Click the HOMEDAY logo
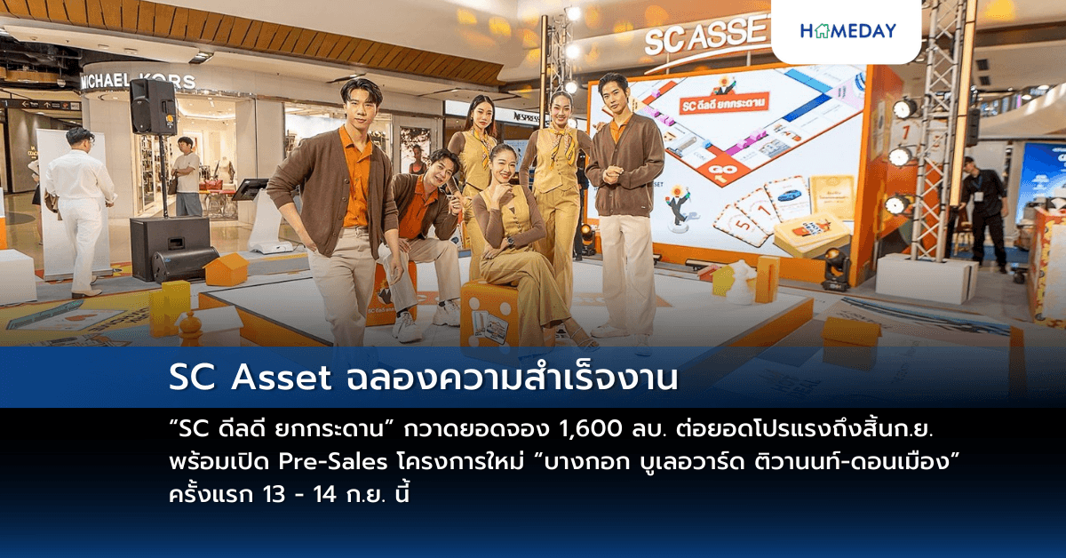point(847,31)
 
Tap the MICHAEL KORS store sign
point(137,81)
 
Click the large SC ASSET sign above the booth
point(706,36)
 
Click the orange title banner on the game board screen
point(724,104)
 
